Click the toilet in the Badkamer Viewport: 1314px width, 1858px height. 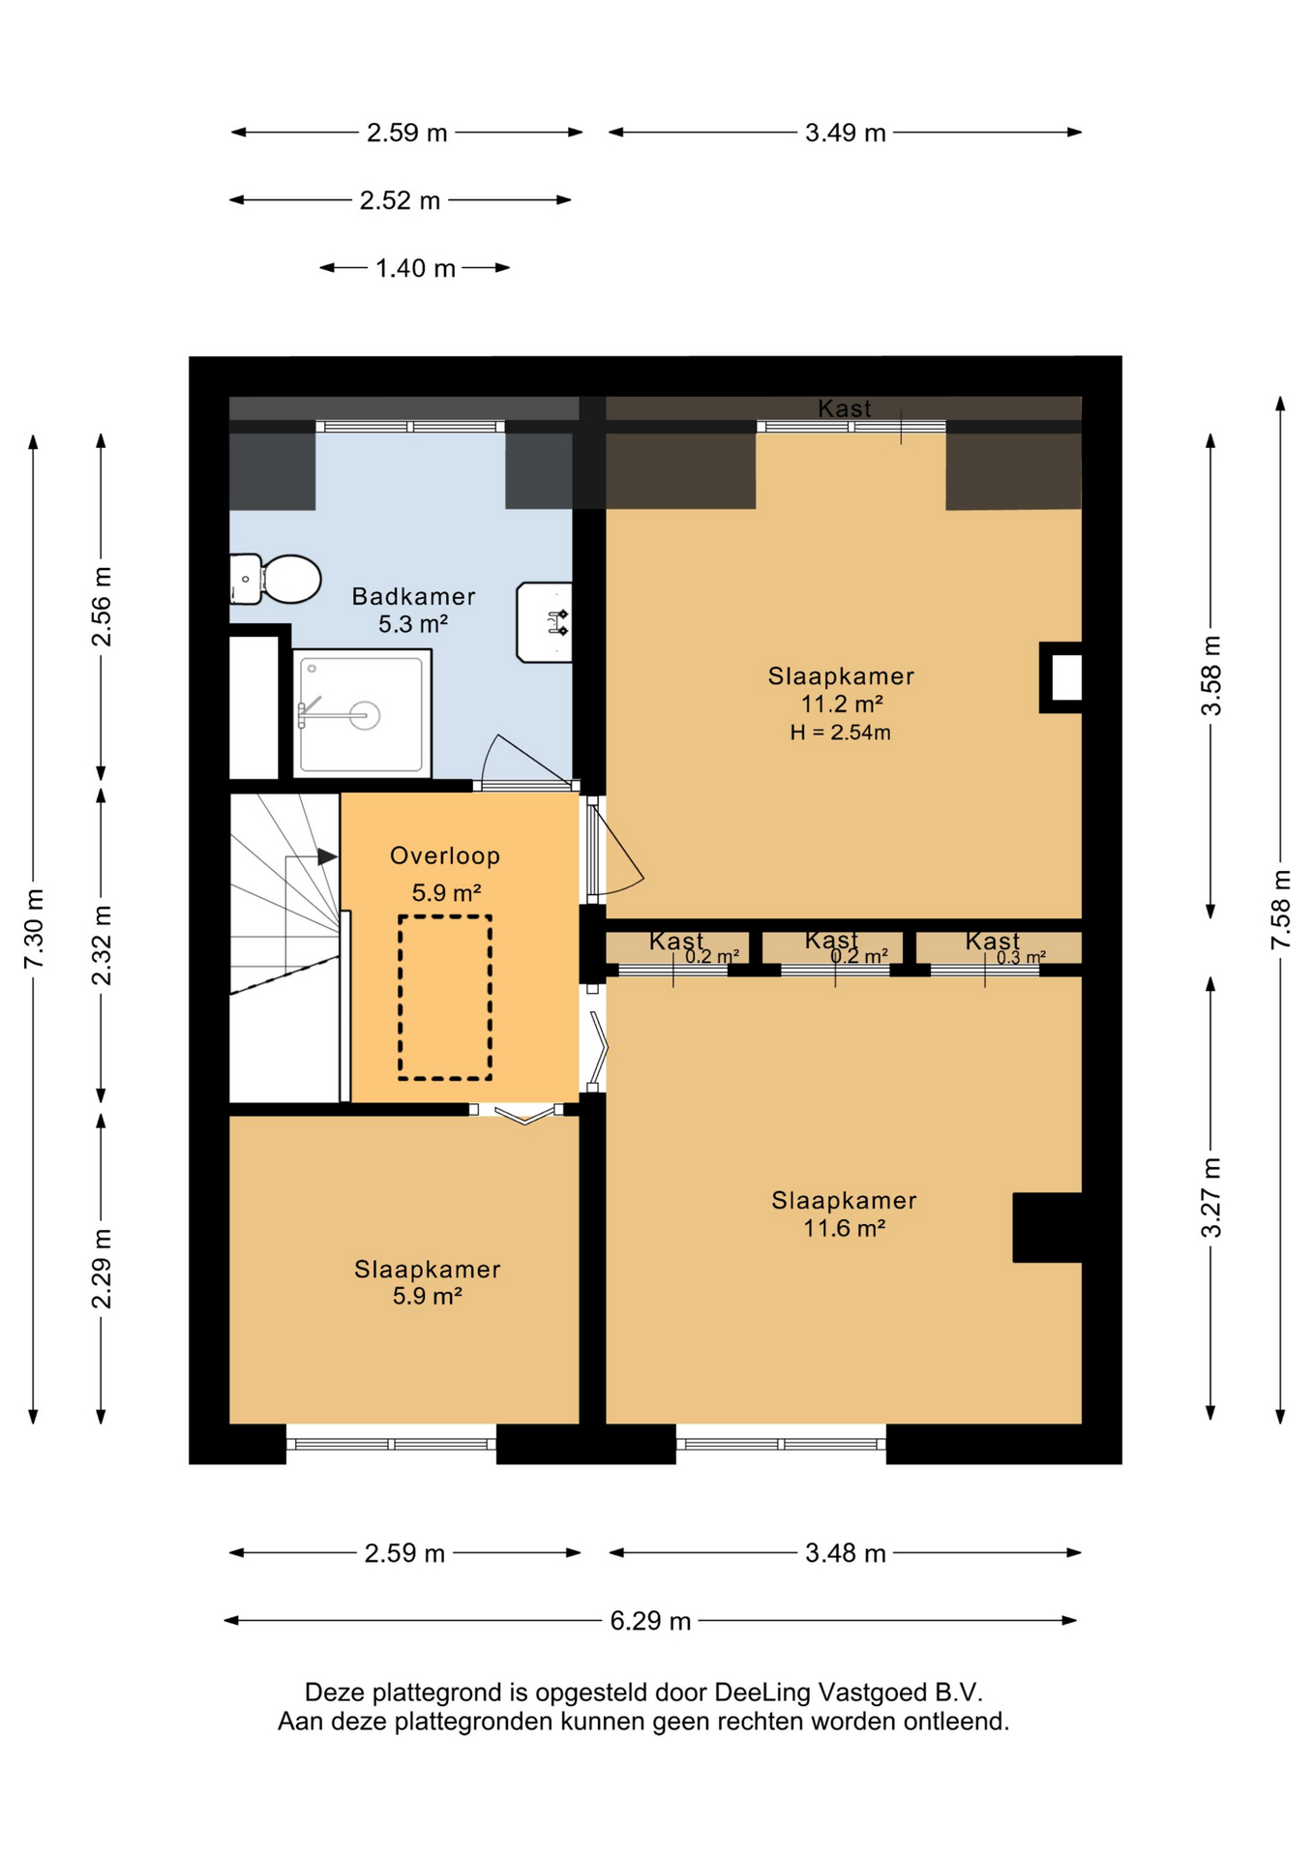275,579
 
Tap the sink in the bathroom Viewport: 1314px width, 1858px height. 545,622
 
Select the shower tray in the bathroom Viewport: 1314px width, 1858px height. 361,714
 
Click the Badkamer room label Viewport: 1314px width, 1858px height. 413,596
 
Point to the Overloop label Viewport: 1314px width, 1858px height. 445,855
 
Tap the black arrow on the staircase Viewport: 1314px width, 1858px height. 327,856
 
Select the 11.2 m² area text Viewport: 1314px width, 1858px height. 842,704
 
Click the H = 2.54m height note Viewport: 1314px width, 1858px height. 840,733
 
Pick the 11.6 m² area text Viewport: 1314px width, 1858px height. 845,1228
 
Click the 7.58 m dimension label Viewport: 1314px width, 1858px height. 1281,910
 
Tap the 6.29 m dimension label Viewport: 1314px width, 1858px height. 650,1621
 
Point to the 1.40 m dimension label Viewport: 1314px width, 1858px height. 415,268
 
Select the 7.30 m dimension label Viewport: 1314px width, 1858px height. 34,929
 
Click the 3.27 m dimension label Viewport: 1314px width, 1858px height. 1211,1198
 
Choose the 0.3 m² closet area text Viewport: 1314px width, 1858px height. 1021,957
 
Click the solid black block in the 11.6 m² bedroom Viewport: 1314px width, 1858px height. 1047,1228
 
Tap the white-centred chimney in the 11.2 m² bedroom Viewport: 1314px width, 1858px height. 1061,677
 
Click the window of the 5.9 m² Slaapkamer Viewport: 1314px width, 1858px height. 392,1444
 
